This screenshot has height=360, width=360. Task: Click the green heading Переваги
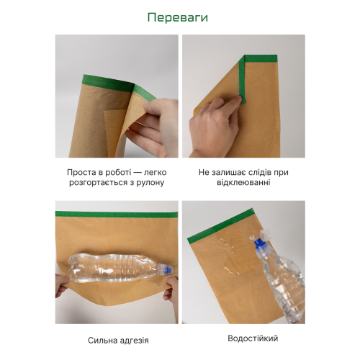178,18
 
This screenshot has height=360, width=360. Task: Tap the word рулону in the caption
150,183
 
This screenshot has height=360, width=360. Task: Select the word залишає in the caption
228,172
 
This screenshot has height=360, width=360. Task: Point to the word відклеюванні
243,182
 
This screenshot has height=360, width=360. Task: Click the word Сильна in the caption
100,341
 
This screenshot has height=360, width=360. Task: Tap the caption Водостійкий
253,338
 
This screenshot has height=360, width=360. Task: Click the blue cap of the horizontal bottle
168,269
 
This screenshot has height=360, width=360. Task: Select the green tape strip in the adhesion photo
117,215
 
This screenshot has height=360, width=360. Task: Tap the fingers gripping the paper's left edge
62,286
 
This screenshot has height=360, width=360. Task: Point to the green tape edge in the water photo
220,226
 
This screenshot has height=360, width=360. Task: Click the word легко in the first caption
156,172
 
